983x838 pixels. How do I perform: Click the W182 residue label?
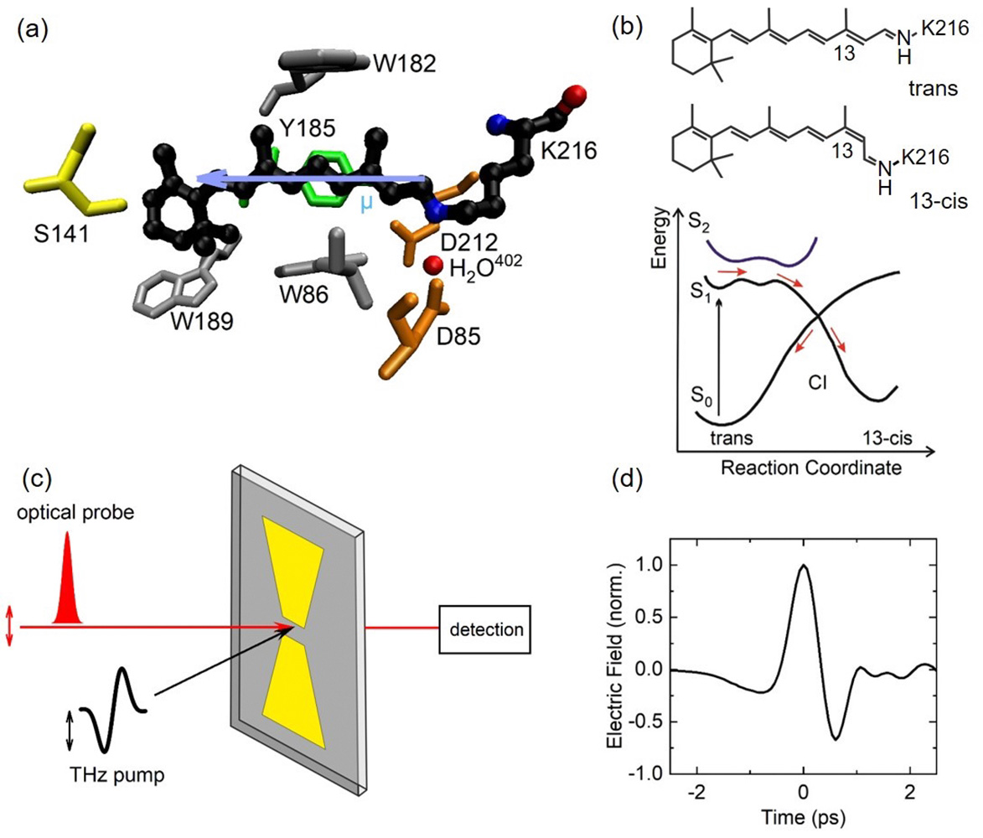(x=405, y=64)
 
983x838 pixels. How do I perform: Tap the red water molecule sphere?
(x=433, y=265)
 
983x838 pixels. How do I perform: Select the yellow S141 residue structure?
(x=75, y=172)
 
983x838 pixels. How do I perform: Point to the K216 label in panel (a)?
(x=569, y=151)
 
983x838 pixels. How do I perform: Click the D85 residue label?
(x=459, y=336)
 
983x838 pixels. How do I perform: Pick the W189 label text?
(x=202, y=321)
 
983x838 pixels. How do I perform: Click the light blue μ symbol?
(x=366, y=204)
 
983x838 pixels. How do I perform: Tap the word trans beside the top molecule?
(x=933, y=88)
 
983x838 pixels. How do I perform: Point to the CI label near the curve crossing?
(x=818, y=381)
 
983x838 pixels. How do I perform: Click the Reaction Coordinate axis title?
(x=810, y=468)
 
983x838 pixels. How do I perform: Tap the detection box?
(x=486, y=629)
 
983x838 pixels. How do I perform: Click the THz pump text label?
(x=117, y=774)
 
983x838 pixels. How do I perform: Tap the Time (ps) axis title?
(x=803, y=817)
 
